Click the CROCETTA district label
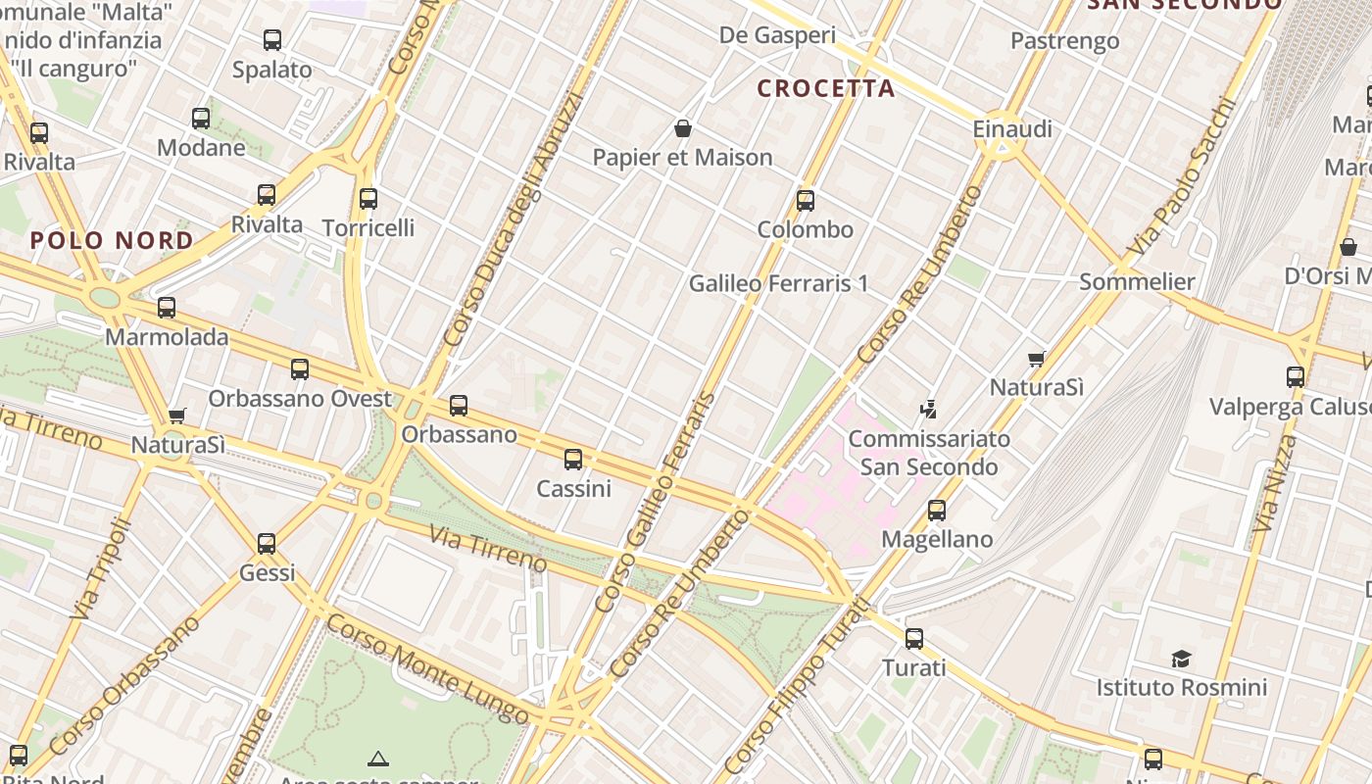coord(826,88)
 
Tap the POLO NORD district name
coord(112,240)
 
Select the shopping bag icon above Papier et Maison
coord(683,128)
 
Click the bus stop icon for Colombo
coord(806,201)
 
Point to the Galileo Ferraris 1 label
coord(778,283)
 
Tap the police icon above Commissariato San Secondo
coord(928,409)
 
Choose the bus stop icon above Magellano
coord(937,511)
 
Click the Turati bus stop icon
coord(914,639)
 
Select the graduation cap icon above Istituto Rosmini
coord(1181,659)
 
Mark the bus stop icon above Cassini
coord(573,459)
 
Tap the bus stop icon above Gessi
coord(267,544)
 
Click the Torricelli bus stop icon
coord(368,199)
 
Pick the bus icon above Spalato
coord(272,40)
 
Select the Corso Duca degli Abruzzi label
coord(513,219)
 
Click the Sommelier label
coord(1137,282)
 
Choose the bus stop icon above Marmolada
coord(167,308)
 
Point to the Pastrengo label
coord(1064,41)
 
